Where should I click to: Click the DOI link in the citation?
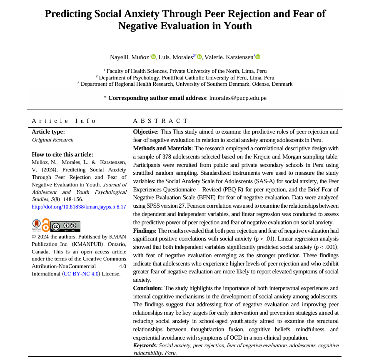click(x=79, y=206)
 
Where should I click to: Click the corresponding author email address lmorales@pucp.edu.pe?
click(x=238, y=98)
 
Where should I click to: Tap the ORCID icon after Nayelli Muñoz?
click(x=154, y=57)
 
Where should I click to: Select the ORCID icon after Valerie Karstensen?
click(x=258, y=57)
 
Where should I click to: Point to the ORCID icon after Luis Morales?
click(x=199, y=57)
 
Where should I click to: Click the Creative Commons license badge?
click(x=65, y=226)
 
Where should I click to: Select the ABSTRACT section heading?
click(x=161, y=121)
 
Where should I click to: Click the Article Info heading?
click(x=64, y=121)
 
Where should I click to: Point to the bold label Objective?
click(x=146, y=132)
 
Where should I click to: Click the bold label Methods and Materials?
click(x=163, y=148)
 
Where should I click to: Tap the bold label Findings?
click(x=145, y=231)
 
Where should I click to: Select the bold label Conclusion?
click(x=148, y=288)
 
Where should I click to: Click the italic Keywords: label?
click(x=145, y=345)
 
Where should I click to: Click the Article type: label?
click(x=48, y=132)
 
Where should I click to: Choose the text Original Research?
click(x=53, y=140)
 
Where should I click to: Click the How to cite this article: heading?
click(x=62, y=154)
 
